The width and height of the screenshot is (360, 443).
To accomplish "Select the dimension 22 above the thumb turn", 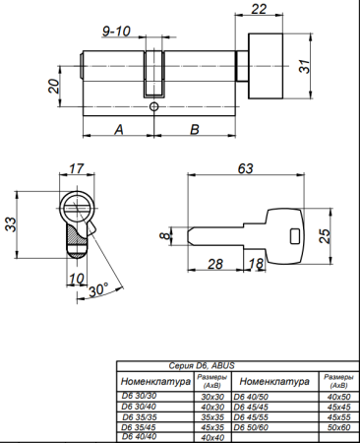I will (258, 10).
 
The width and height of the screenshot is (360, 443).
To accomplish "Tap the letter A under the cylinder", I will (118, 129).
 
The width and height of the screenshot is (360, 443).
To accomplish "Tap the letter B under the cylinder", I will (194, 129).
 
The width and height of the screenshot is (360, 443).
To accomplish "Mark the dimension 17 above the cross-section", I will (78, 169).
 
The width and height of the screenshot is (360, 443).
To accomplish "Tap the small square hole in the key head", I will (294, 235).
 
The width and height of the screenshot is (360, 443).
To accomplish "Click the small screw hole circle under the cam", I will (155, 106).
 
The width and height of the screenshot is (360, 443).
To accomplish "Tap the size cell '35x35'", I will (211, 417).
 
